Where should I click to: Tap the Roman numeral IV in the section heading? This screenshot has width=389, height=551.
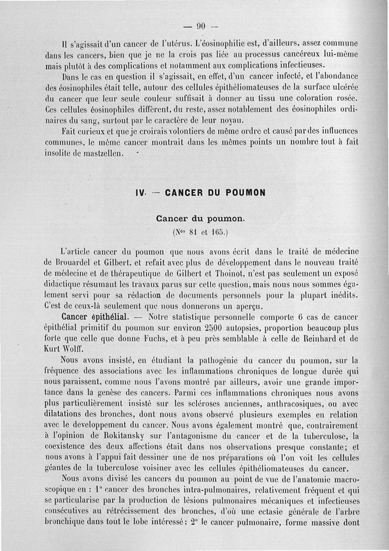tap(141, 192)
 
